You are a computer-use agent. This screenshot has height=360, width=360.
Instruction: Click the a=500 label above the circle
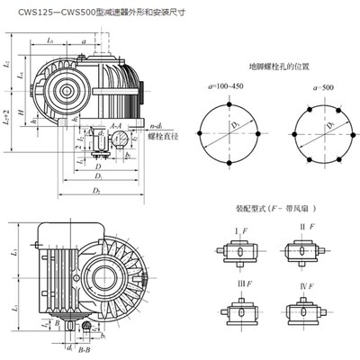tap(307, 88)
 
